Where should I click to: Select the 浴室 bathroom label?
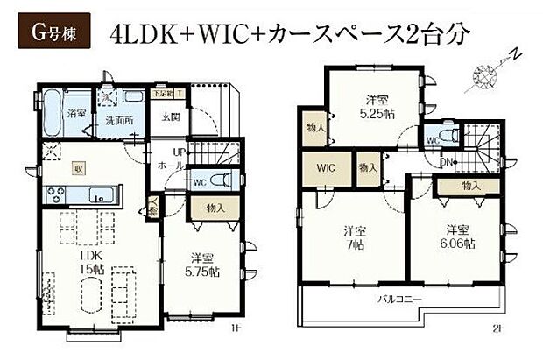[x=76, y=114]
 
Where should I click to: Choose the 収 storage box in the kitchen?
[x=79, y=166]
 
